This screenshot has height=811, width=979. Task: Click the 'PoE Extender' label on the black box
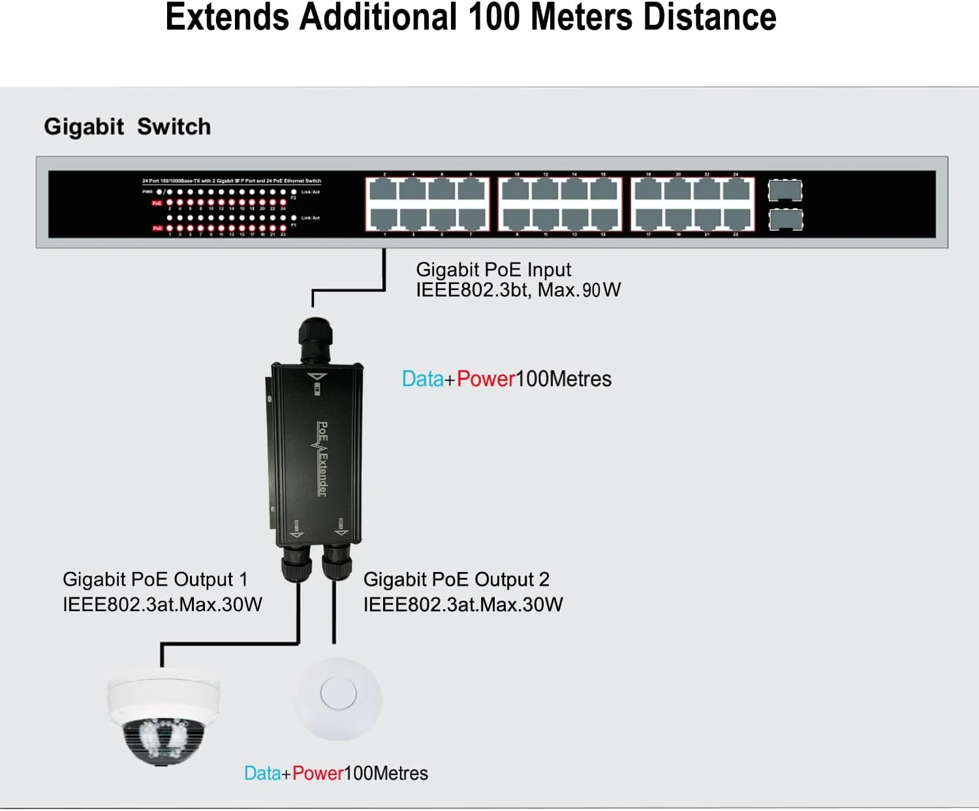[x=322, y=458]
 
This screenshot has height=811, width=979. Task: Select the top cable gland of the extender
[x=315, y=338]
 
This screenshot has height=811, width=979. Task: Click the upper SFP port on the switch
[x=785, y=190]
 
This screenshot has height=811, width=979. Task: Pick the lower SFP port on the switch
[x=785, y=219]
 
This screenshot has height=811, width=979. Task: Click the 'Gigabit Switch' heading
[x=127, y=127]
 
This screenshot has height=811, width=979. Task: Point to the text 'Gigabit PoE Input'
[x=493, y=269]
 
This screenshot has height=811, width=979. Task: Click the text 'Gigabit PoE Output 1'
[x=155, y=579]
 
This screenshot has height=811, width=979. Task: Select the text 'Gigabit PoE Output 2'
[x=456, y=579]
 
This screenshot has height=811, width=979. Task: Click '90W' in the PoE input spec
[x=601, y=290]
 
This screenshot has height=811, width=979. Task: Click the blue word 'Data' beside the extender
[x=422, y=379]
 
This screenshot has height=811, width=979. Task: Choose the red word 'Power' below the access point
[x=317, y=773]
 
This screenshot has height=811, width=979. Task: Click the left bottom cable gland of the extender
[x=296, y=563]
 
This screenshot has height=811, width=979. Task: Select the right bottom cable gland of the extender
[x=337, y=563]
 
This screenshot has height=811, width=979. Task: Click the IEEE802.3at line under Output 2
[x=463, y=605]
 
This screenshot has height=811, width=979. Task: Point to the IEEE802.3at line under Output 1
[x=163, y=605]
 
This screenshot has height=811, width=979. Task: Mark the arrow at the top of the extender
[x=317, y=377]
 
